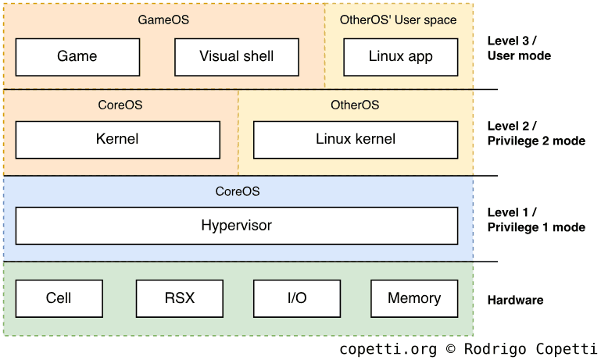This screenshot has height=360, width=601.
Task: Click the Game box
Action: click(x=77, y=56)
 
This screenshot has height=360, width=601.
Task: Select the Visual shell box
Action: click(x=236, y=56)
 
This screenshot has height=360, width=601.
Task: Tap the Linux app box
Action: click(x=400, y=56)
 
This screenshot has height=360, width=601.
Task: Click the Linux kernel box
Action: click(x=356, y=140)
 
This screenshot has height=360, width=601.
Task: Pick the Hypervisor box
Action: click(x=236, y=226)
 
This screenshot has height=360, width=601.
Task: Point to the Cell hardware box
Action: click(x=59, y=298)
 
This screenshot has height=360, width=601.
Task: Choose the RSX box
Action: click(x=180, y=298)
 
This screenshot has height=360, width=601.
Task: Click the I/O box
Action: click(x=297, y=298)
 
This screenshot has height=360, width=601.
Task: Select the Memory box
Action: click(x=414, y=298)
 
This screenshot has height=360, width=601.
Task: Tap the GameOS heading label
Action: click(x=163, y=20)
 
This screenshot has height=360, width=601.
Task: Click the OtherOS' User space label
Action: click(x=399, y=20)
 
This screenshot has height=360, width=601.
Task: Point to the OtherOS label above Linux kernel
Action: click(x=355, y=105)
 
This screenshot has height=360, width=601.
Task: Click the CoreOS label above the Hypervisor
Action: click(x=238, y=191)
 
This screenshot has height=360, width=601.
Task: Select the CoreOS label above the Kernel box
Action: click(x=120, y=105)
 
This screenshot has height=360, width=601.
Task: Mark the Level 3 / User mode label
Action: click(x=519, y=48)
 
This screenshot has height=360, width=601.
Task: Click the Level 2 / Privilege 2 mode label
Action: click(x=536, y=134)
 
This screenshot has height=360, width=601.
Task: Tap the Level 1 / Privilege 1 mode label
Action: click(x=536, y=219)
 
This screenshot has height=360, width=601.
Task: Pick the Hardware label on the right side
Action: click(x=515, y=300)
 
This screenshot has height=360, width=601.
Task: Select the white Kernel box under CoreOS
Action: click(x=117, y=140)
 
